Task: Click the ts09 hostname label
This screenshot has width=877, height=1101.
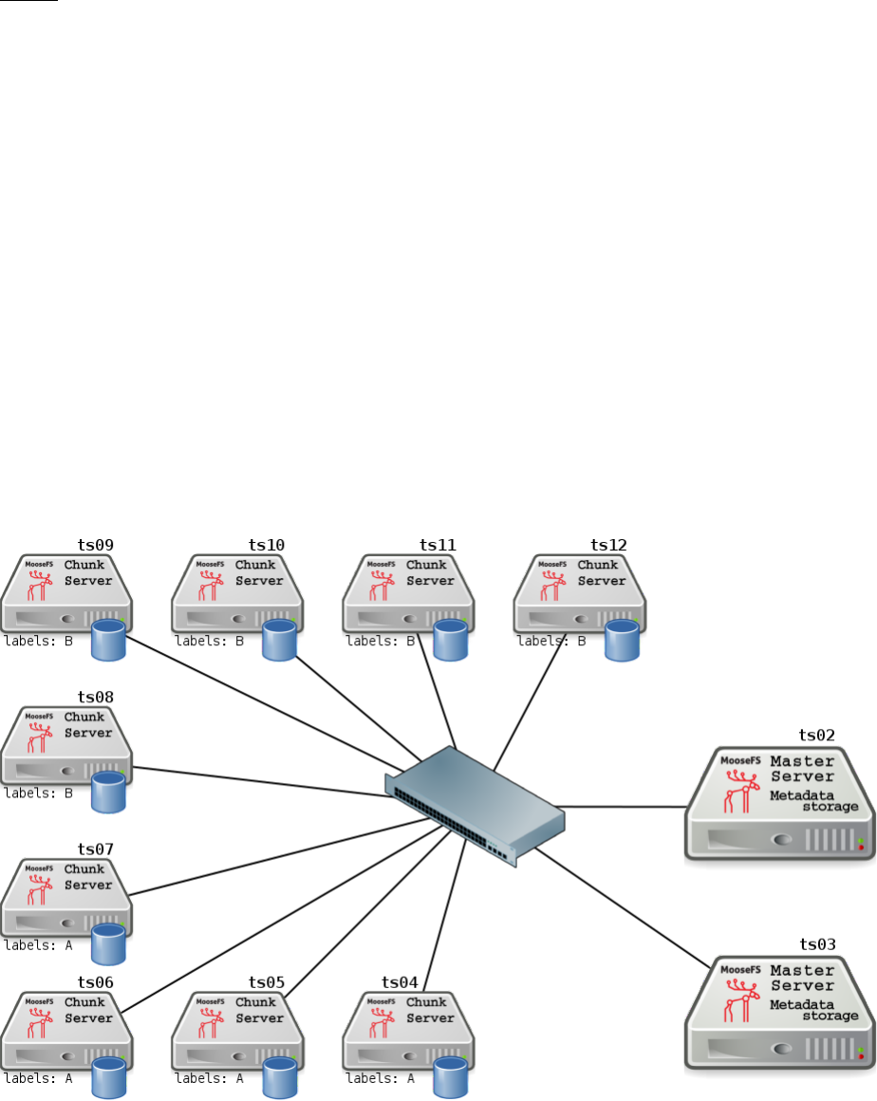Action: coord(95,545)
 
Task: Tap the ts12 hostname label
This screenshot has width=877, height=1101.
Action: coord(608,545)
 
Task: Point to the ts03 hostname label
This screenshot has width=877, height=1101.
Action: coord(816,943)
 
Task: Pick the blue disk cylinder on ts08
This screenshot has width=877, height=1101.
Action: coord(108,792)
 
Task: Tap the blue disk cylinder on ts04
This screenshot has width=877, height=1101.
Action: coord(450,1077)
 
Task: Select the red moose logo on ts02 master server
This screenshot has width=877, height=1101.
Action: coord(736,791)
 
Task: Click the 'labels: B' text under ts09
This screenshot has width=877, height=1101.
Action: coord(38,641)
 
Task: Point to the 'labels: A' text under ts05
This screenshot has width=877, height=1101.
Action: coord(209,1078)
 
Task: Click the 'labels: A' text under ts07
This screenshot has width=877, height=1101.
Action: coord(38,945)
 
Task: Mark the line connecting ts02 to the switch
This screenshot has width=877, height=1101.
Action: coord(626,807)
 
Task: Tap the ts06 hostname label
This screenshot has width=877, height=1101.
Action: coord(95,982)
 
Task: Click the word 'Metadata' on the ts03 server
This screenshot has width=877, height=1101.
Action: coord(802,1004)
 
